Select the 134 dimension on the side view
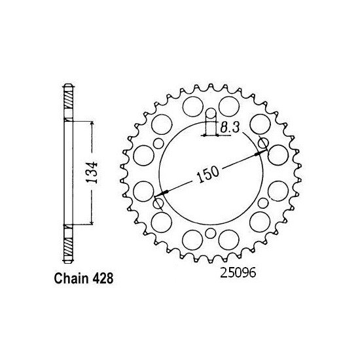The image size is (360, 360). [93, 172]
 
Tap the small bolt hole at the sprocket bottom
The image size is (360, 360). [210, 233]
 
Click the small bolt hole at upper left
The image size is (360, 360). [159, 145]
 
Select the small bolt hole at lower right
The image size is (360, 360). [262, 204]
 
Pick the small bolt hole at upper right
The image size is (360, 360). [263, 143]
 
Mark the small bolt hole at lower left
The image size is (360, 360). [158, 204]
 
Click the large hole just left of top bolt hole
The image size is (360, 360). [192, 105]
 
